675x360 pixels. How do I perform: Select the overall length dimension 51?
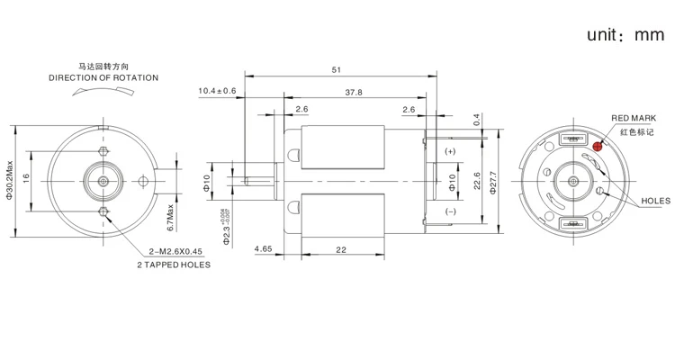click(x=337, y=68)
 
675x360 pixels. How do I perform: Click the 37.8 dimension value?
click(x=354, y=92)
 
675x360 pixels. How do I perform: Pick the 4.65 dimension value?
click(x=264, y=247)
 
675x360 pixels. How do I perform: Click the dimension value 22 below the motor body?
click(x=341, y=247)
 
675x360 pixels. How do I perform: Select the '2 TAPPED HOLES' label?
click(x=174, y=265)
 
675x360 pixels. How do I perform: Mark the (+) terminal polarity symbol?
click(x=449, y=150)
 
